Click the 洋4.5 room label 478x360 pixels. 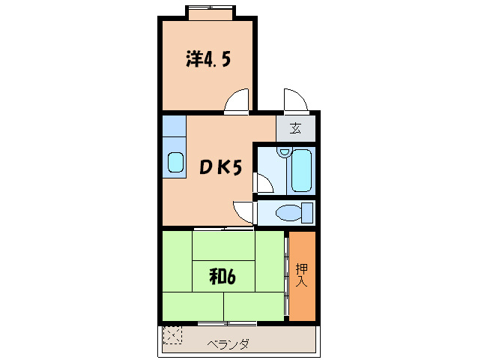pos(208,59)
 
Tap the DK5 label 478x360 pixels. pos(220,168)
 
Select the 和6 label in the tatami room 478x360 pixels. pos(223,277)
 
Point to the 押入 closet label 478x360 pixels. pos(301,275)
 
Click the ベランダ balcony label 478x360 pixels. pos(228,344)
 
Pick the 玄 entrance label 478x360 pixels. pos(296,128)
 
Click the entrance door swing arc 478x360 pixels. pos(294,100)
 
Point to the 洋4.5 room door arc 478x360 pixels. pos(237,101)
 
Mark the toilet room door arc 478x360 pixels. pos(244,211)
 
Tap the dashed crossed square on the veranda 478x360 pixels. pos(172,334)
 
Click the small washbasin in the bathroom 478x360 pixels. pos(282,152)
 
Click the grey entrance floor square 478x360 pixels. pos(296,128)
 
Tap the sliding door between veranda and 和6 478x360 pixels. pos(226,323)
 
